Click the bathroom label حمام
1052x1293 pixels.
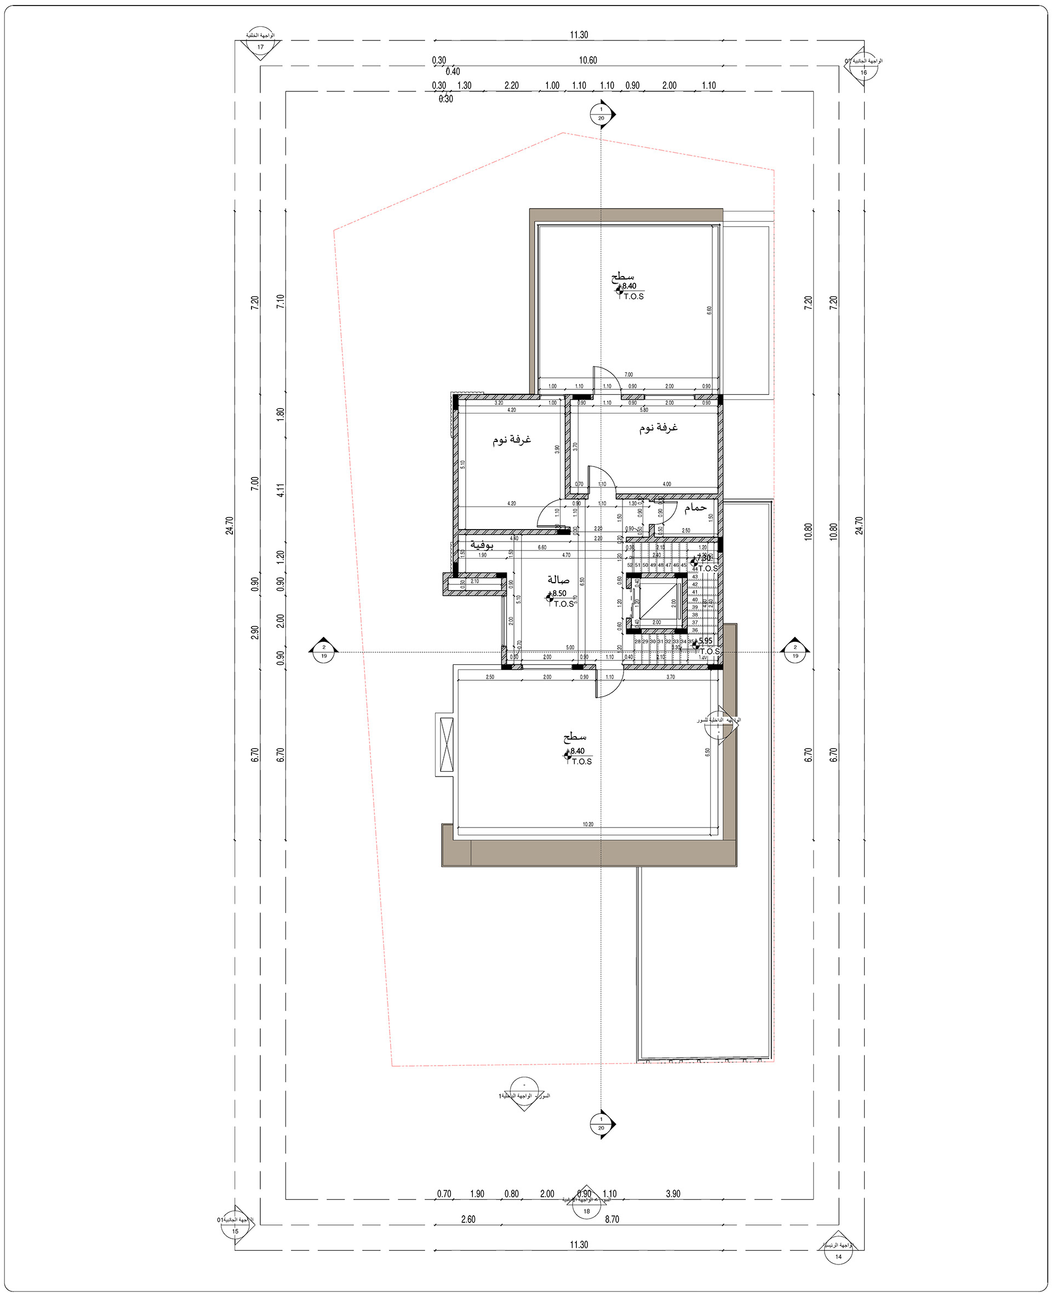click(x=695, y=507)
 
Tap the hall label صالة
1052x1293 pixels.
click(x=558, y=579)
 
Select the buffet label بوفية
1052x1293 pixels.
click(x=482, y=545)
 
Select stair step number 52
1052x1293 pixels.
click(x=630, y=565)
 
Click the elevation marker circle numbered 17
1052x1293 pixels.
click(x=261, y=47)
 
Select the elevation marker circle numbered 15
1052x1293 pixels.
click(x=235, y=1231)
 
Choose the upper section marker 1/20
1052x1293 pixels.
click(x=601, y=114)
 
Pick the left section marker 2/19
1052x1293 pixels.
click(x=324, y=652)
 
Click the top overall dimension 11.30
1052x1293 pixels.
click(x=579, y=35)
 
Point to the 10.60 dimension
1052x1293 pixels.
click(x=587, y=60)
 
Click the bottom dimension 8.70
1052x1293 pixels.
click(x=611, y=1219)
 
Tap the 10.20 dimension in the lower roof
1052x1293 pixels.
click(x=588, y=824)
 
